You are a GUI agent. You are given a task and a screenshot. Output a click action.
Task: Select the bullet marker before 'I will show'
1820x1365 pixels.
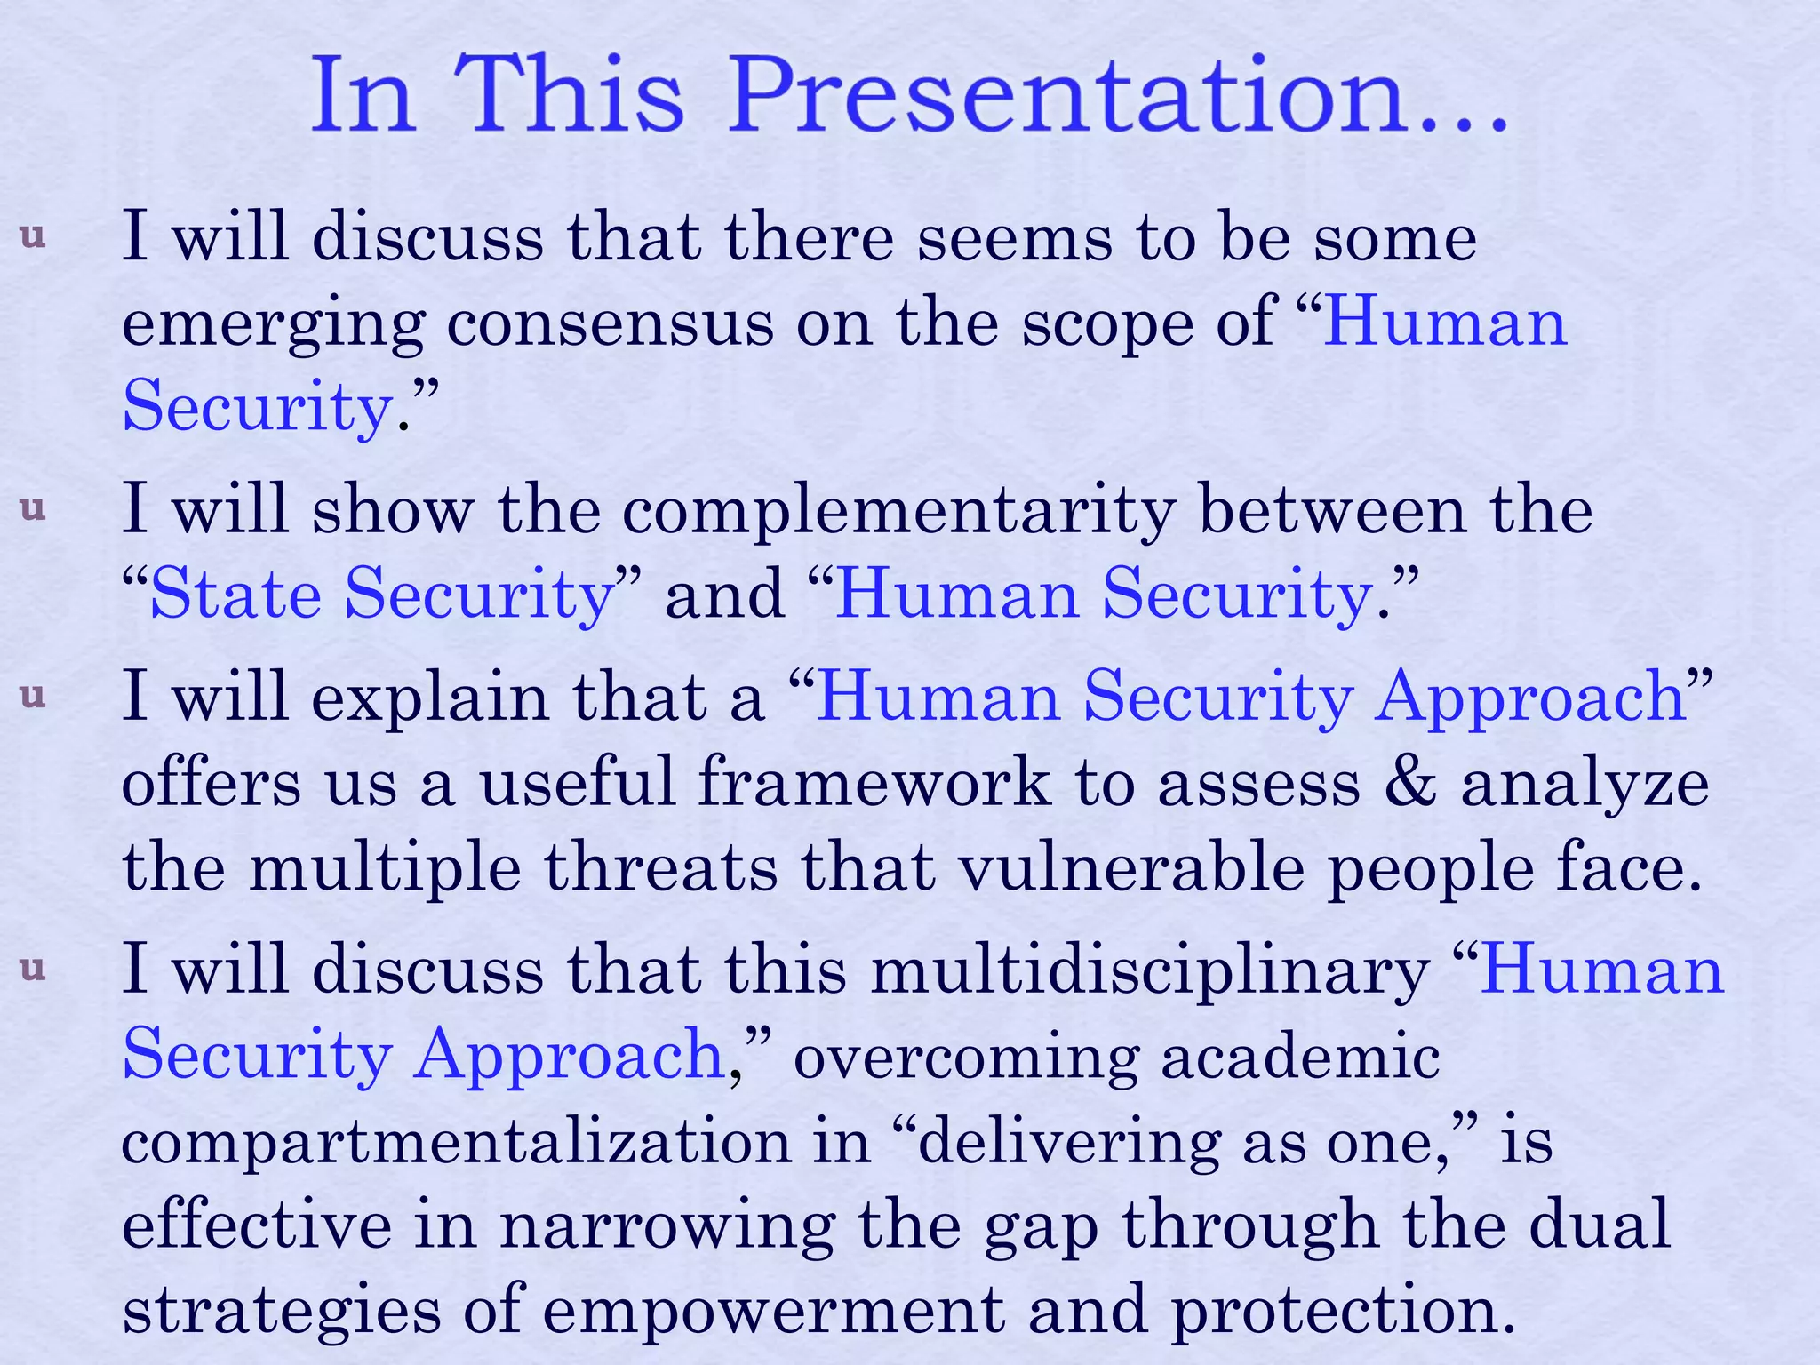coord(33,508)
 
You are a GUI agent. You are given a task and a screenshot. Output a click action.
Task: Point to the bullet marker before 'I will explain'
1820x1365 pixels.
coord(33,695)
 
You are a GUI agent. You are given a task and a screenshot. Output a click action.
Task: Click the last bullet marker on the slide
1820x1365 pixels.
coord(33,968)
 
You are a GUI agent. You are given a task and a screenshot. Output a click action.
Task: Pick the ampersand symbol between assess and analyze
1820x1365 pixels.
coord(1409,783)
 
